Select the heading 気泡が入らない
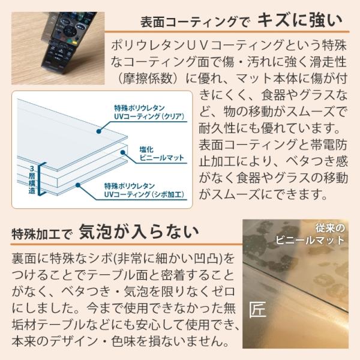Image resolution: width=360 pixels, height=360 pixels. [x=140, y=231]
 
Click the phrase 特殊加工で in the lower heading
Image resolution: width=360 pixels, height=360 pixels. [x=41, y=233]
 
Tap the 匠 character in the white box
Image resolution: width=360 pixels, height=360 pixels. [x=259, y=310]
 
